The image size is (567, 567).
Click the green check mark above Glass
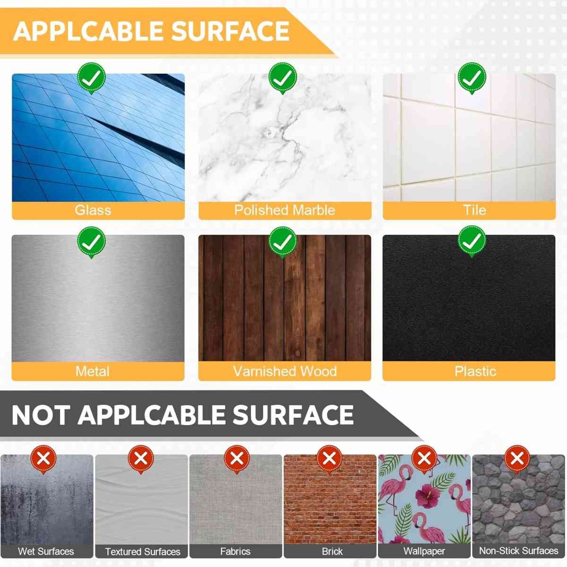pyautogui.click(x=92, y=78)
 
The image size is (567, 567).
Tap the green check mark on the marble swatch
pyautogui.click(x=283, y=78)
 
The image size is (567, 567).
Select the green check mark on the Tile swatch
pyautogui.click(x=472, y=78)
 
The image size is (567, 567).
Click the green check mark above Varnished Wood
pyautogui.click(x=283, y=242)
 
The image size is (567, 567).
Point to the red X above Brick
pyautogui.click(x=329, y=459)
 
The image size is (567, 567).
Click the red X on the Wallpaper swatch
pyautogui.click(x=424, y=459)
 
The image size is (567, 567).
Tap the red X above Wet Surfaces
pyautogui.click(x=43, y=459)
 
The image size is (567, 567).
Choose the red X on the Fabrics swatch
pyautogui.click(x=237, y=459)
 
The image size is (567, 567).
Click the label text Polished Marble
pyautogui.click(x=284, y=210)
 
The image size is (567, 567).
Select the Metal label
pyautogui.click(x=93, y=371)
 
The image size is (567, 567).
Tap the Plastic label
pyautogui.click(x=475, y=371)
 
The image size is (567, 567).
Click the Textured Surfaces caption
pyautogui.click(x=143, y=551)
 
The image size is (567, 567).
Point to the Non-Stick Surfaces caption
pyautogui.click(x=519, y=550)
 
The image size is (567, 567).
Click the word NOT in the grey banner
pyautogui.click(x=41, y=415)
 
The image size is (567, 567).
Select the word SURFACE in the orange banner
pyautogui.click(x=230, y=31)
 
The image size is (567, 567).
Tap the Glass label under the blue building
pyautogui.click(x=93, y=210)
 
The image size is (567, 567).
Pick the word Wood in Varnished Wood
pyautogui.click(x=318, y=371)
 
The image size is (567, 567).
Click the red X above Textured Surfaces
pyautogui.click(x=141, y=459)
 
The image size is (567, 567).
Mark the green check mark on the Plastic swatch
pyautogui.click(x=472, y=241)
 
